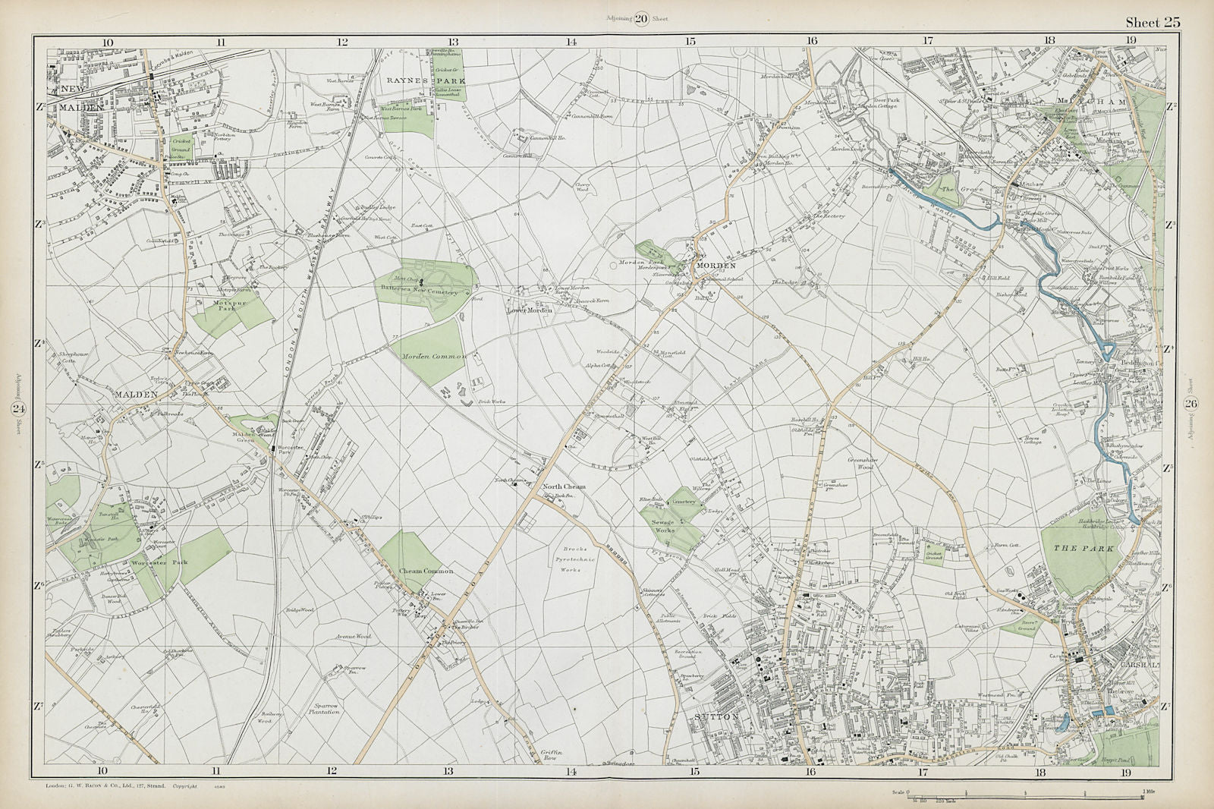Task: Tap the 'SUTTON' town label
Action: [x=714, y=714]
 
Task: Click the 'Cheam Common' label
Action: [x=427, y=571]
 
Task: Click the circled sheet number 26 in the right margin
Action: [x=1191, y=403]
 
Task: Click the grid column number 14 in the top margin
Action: [x=571, y=42]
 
